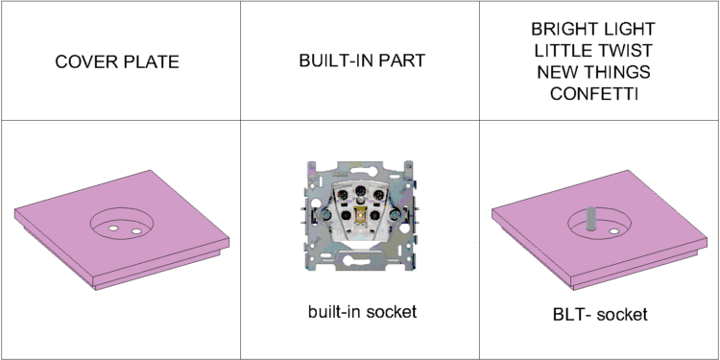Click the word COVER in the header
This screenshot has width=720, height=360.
point(81,61)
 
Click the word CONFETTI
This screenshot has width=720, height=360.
point(594,93)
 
